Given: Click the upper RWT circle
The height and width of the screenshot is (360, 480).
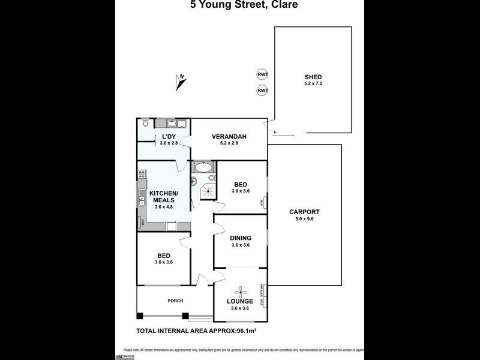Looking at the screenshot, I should (x=262, y=74).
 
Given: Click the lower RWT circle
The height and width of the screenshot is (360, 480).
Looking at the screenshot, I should (x=262, y=91).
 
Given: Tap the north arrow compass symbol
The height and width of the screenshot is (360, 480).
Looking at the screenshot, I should (x=181, y=81).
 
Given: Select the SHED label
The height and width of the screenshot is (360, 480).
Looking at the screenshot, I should (x=313, y=77).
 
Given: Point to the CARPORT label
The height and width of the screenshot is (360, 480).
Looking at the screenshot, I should (x=304, y=212).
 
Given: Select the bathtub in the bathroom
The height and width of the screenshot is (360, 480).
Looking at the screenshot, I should (x=203, y=167).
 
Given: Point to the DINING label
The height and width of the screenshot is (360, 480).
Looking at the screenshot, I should (x=241, y=238).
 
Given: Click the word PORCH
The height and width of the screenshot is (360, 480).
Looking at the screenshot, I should (x=175, y=301).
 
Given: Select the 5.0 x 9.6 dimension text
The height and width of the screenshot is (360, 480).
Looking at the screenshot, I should (x=304, y=219).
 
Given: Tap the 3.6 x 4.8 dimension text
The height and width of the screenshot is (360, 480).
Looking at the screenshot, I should (x=164, y=207).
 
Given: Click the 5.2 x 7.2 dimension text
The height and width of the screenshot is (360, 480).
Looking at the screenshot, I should (x=313, y=84).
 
